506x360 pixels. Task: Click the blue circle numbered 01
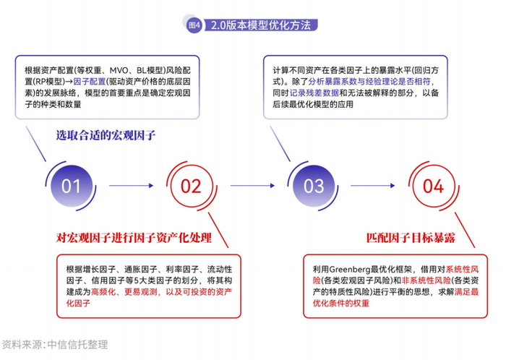(x=71, y=187)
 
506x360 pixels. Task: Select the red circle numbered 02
(x=191, y=187)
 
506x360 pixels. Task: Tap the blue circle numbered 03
(x=314, y=187)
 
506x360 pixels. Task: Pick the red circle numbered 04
(x=433, y=187)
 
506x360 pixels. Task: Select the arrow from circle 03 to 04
(x=373, y=186)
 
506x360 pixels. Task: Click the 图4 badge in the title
(x=194, y=25)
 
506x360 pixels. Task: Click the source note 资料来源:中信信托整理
(x=55, y=344)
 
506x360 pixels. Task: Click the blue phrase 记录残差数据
(x=312, y=93)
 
